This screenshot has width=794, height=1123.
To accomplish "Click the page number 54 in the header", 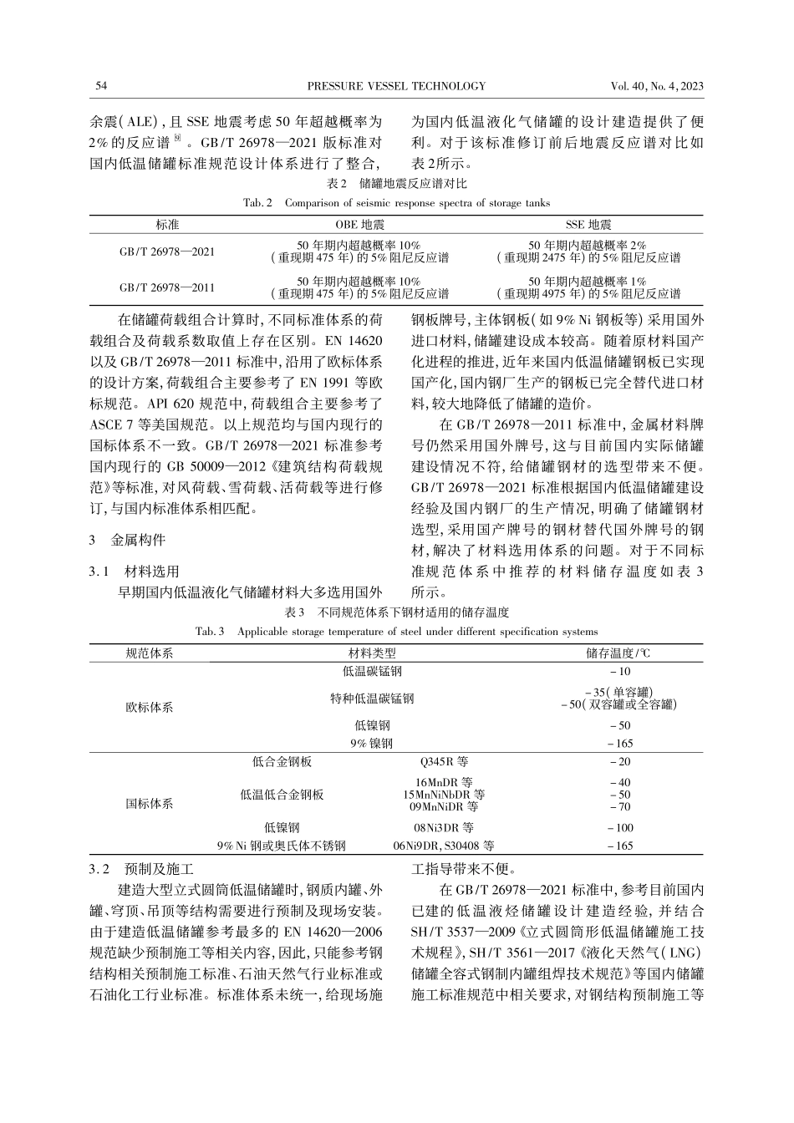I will click(x=102, y=86).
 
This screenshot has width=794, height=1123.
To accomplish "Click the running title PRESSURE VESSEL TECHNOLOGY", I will click(x=396, y=86).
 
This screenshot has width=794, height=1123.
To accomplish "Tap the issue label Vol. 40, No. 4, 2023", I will click(x=657, y=86).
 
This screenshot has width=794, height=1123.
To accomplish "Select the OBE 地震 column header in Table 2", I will click(x=359, y=225).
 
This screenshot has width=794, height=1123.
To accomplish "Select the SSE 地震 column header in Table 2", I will click(x=588, y=225).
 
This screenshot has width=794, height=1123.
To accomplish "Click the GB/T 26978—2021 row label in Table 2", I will click(x=167, y=252).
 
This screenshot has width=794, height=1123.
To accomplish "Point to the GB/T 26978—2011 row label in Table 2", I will click(x=167, y=287).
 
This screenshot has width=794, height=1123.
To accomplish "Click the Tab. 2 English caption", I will click(x=396, y=203).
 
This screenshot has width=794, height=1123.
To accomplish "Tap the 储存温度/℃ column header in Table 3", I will click(x=619, y=653).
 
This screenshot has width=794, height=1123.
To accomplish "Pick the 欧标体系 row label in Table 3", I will click(x=150, y=707).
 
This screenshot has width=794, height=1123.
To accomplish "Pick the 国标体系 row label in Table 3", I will click(x=150, y=803).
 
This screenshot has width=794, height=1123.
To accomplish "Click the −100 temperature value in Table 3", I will click(x=620, y=827).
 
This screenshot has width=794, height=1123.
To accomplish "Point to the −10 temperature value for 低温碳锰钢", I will click(x=620, y=671).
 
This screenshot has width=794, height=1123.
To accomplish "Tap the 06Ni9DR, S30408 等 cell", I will click(x=444, y=846).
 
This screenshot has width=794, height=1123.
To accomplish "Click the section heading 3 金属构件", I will click(x=127, y=540).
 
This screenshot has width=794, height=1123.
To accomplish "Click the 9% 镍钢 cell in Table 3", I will click(x=372, y=743).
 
